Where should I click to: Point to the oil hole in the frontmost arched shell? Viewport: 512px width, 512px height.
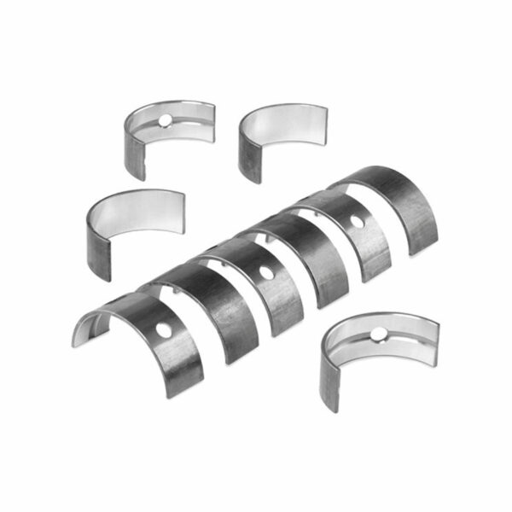pos(162,329)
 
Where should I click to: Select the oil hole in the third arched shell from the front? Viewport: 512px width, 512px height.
pos(266,274)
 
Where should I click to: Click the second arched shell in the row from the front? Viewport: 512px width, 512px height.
pos(218,307)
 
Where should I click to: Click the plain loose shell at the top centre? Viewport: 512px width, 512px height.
pos(282,137)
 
